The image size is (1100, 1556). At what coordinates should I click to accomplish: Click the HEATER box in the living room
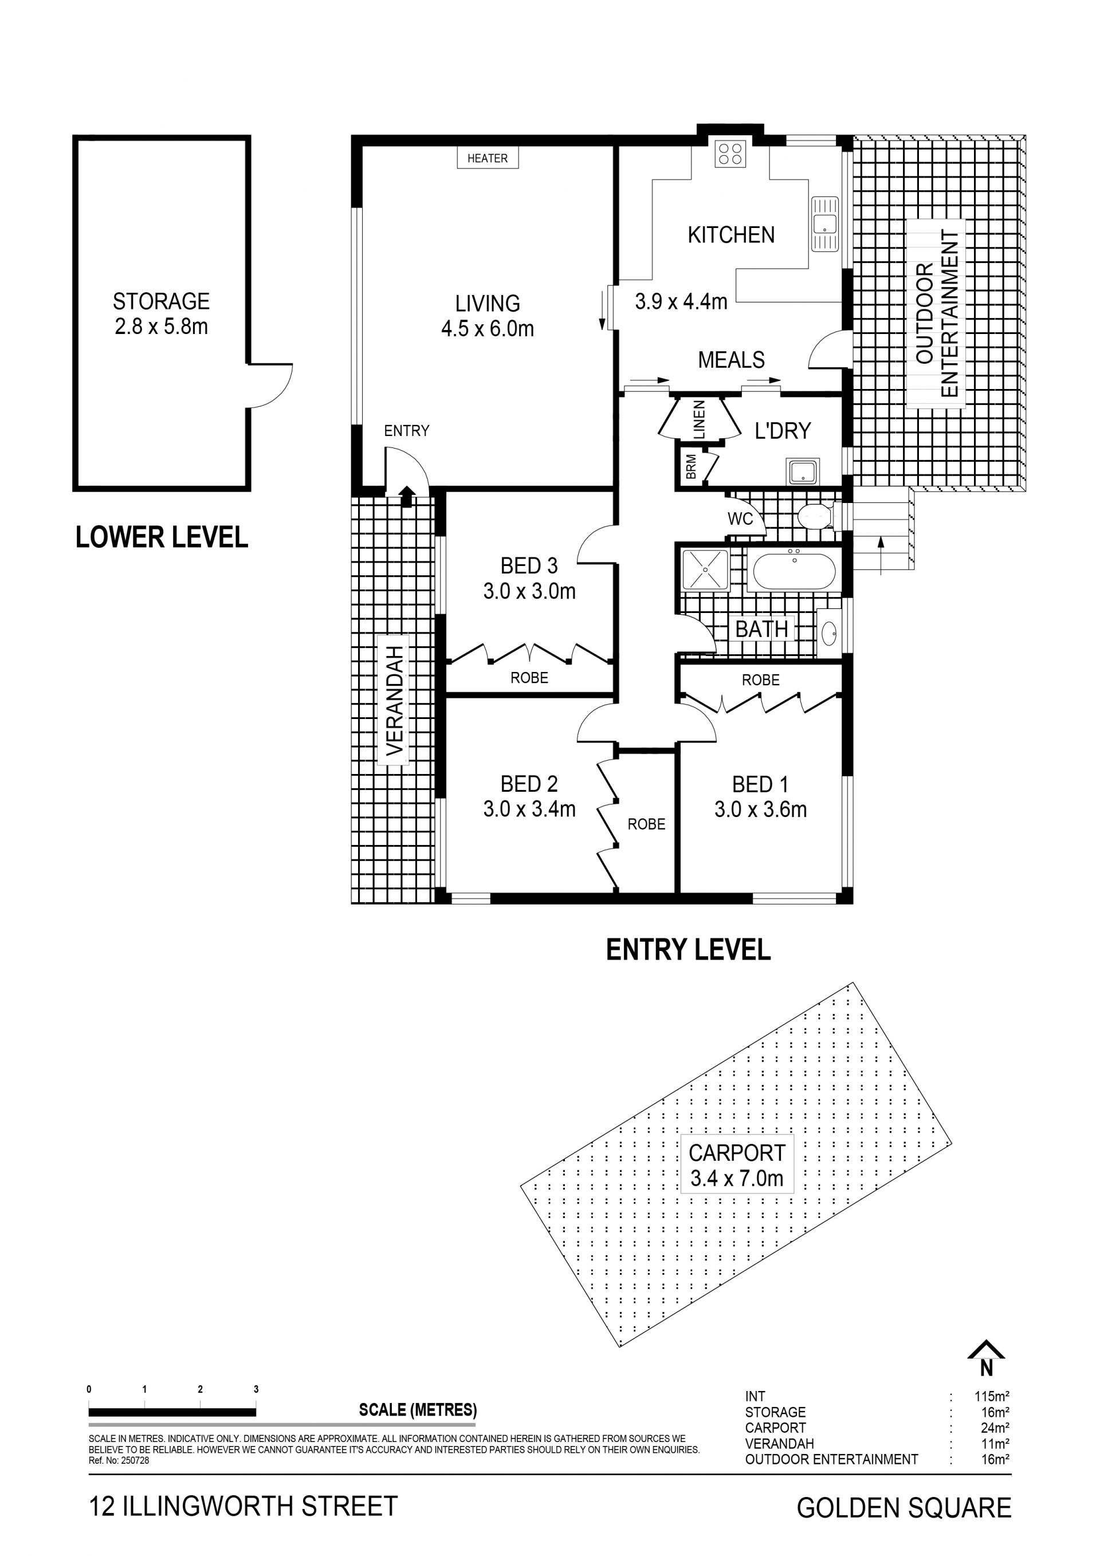(488, 158)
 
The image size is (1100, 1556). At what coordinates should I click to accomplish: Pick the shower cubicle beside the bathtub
(705, 570)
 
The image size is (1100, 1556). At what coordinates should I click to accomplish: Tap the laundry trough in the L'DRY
(803, 471)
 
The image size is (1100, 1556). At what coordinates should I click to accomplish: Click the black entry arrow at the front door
(406, 496)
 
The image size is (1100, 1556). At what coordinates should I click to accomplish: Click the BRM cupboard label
(690, 467)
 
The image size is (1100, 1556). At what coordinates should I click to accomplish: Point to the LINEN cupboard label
(700, 419)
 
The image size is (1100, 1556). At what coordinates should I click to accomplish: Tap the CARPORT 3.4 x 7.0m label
(737, 1165)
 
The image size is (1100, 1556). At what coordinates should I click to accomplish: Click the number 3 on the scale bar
(256, 1389)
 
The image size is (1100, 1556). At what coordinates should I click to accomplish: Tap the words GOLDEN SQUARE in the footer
(904, 1508)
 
